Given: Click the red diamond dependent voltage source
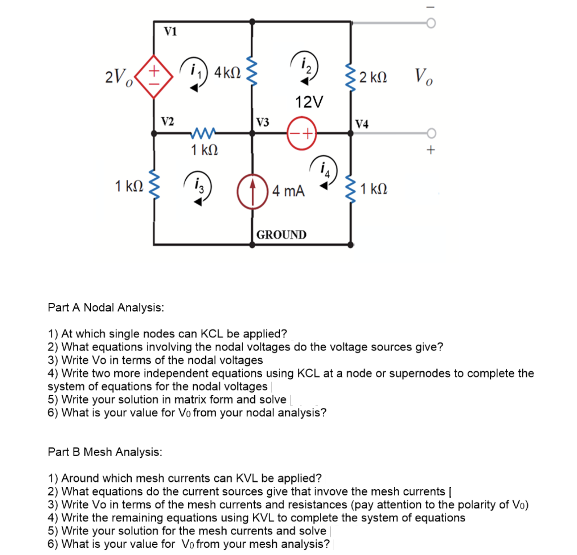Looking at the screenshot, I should point(154,77).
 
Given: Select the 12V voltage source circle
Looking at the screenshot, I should point(301,133).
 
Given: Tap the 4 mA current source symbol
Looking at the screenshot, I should point(252,192).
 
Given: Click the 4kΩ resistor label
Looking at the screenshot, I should point(227,73).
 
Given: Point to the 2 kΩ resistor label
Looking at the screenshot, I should point(373,77).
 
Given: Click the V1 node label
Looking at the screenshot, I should point(170,31).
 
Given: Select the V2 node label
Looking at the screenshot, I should point(167,121).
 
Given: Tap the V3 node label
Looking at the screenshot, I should point(262,122).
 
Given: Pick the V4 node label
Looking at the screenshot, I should point(362,124).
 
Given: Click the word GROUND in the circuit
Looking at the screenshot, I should point(281,235).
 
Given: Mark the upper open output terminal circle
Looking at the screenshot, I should point(431,23).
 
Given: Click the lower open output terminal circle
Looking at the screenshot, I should point(431,133).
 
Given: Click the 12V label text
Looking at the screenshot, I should point(309,102).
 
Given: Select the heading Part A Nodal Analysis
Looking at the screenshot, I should point(106,307).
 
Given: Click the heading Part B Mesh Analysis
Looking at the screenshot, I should point(105,452).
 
